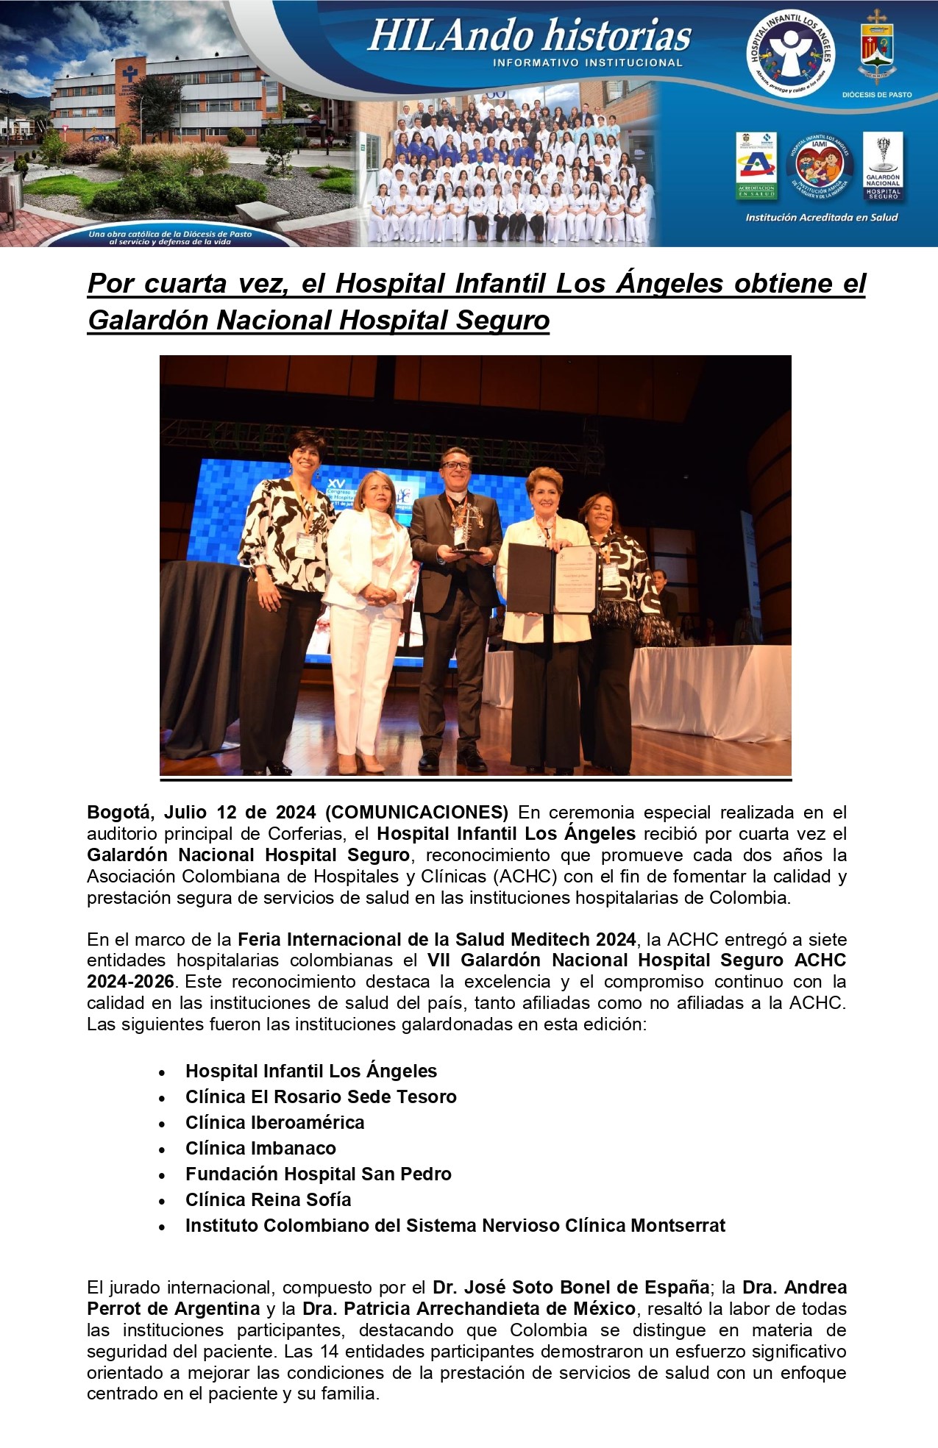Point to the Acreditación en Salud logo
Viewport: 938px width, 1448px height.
(756, 166)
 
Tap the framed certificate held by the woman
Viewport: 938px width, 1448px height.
(552, 579)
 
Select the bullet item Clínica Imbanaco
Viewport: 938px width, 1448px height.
(260, 1148)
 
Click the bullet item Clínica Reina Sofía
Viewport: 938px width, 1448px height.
(268, 1199)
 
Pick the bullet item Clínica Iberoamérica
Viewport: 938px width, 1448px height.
(274, 1122)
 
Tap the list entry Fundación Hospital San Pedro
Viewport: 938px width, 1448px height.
(318, 1174)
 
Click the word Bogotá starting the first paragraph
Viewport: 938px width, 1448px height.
(120, 813)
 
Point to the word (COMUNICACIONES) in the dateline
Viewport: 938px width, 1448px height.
(416, 813)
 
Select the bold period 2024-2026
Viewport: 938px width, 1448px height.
(130, 982)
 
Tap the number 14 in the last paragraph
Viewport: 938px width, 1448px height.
(328, 1352)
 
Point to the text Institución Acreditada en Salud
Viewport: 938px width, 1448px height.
(821, 218)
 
